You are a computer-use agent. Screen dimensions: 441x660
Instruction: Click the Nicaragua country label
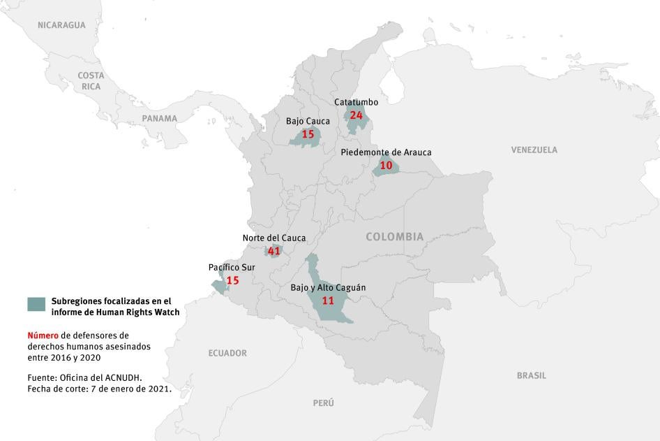coord(61,25)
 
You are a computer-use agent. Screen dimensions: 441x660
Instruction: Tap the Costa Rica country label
coord(91,80)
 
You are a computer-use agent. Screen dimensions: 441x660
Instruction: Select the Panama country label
coord(160,118)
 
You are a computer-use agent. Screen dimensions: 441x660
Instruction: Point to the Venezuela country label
coord(534,150)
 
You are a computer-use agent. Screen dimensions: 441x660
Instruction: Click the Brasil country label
coord(531,375)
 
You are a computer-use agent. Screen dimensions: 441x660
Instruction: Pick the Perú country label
coord(323,403)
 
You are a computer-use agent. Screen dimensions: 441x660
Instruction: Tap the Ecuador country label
coord(227,353)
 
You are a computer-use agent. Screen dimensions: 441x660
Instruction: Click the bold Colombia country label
coord(394,237)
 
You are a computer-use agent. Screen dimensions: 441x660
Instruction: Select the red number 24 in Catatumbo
coord(356,115)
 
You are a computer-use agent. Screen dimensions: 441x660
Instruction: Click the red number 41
coord(273,251)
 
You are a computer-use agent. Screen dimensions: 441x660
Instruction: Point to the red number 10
coord(386,166)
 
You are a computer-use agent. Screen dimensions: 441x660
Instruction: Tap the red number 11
coord(328,301)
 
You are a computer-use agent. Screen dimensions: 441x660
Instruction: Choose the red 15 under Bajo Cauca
coord(308,134)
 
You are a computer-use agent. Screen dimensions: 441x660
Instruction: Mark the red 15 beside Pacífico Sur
coord(232,280)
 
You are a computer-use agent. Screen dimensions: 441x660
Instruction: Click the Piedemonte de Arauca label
coord(386,152)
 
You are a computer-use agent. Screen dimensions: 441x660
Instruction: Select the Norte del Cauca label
coord(273,238)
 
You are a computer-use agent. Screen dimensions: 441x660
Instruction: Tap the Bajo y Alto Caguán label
coord(328,287)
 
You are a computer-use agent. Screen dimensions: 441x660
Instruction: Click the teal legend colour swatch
coord(36,303)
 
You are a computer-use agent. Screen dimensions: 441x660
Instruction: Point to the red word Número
coord(43,335)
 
